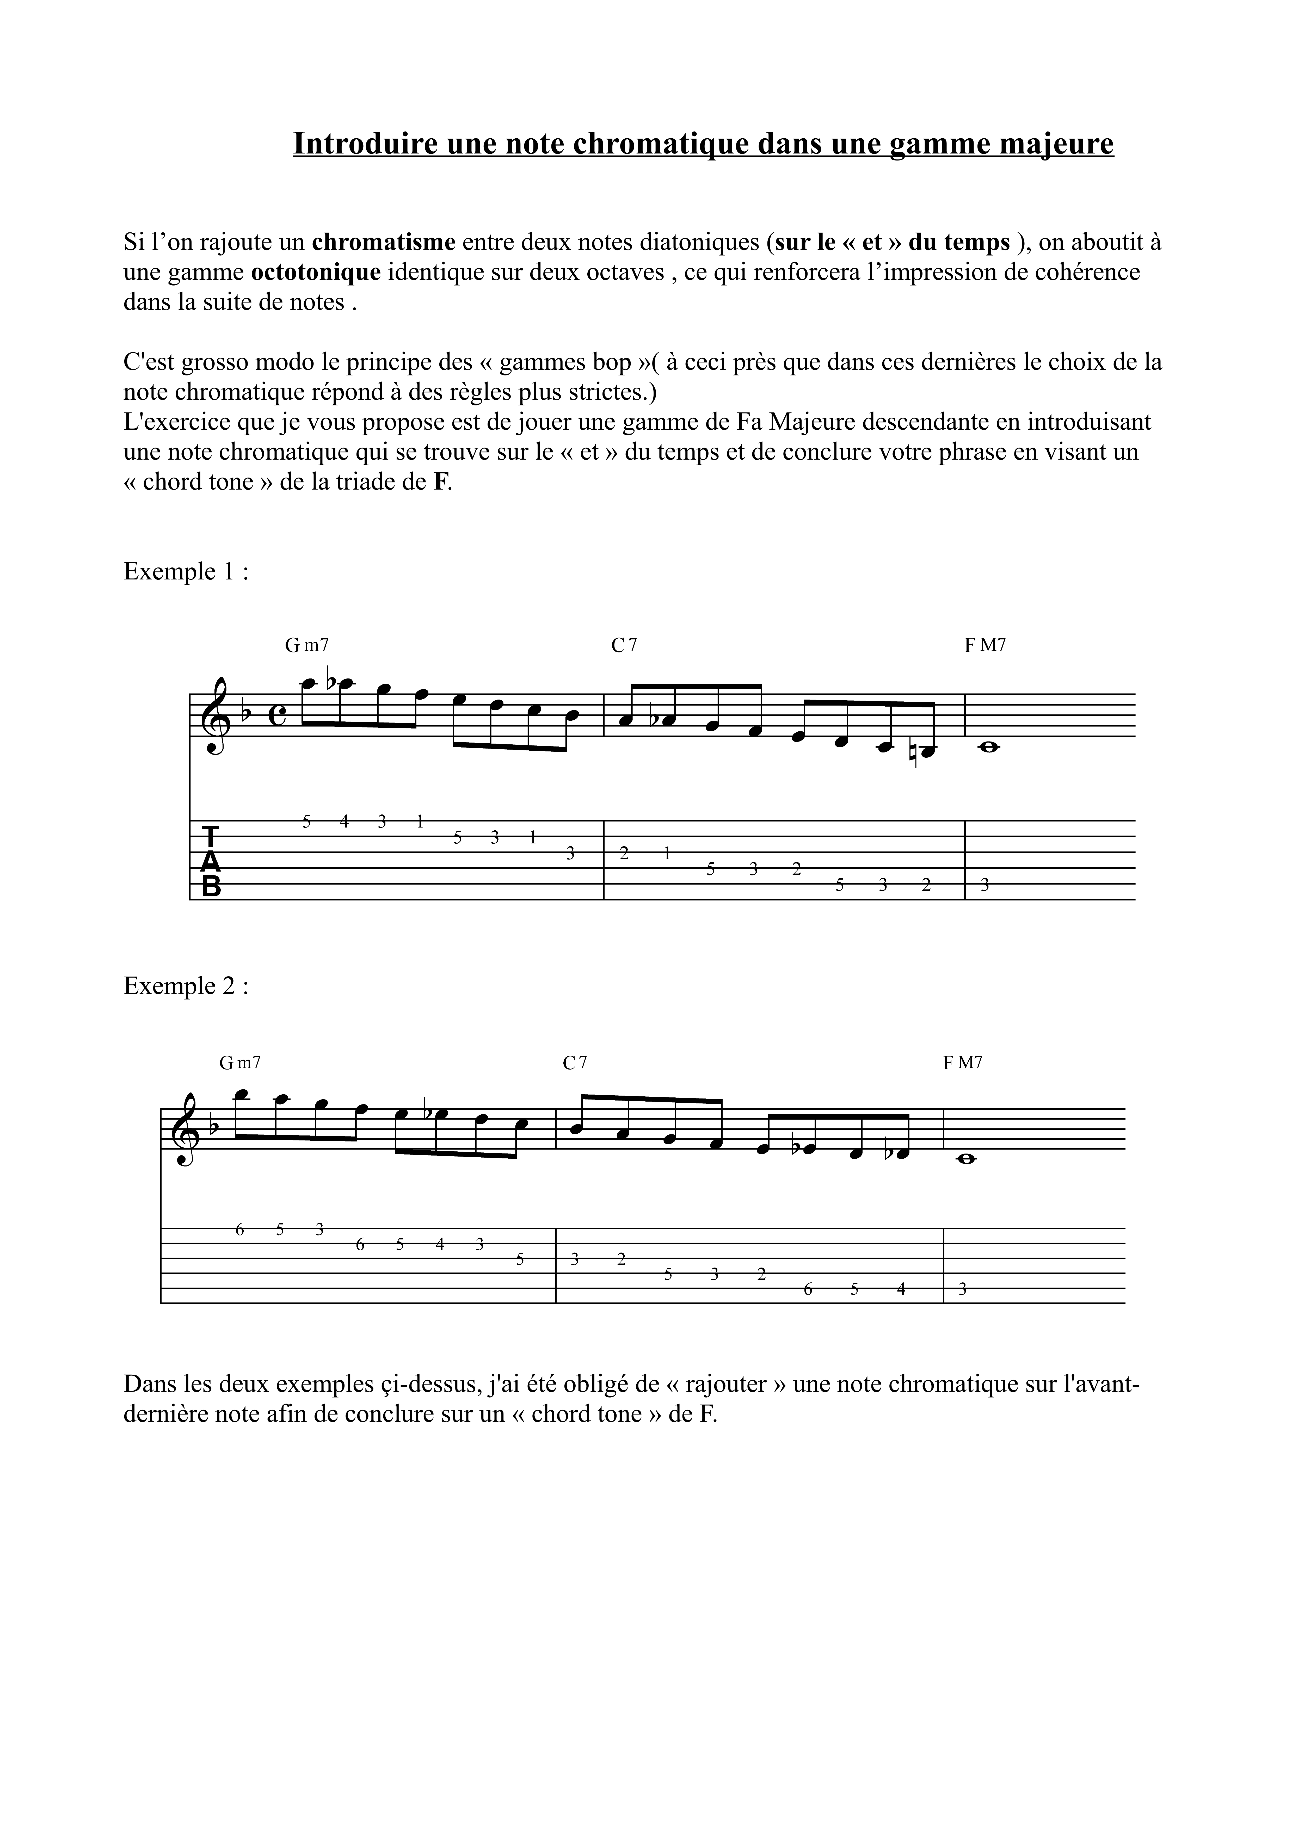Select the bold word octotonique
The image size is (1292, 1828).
[x=316, y=272]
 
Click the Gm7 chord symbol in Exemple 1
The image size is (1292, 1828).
[x=306, y=646]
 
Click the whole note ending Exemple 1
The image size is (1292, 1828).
[x=988, y=747]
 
